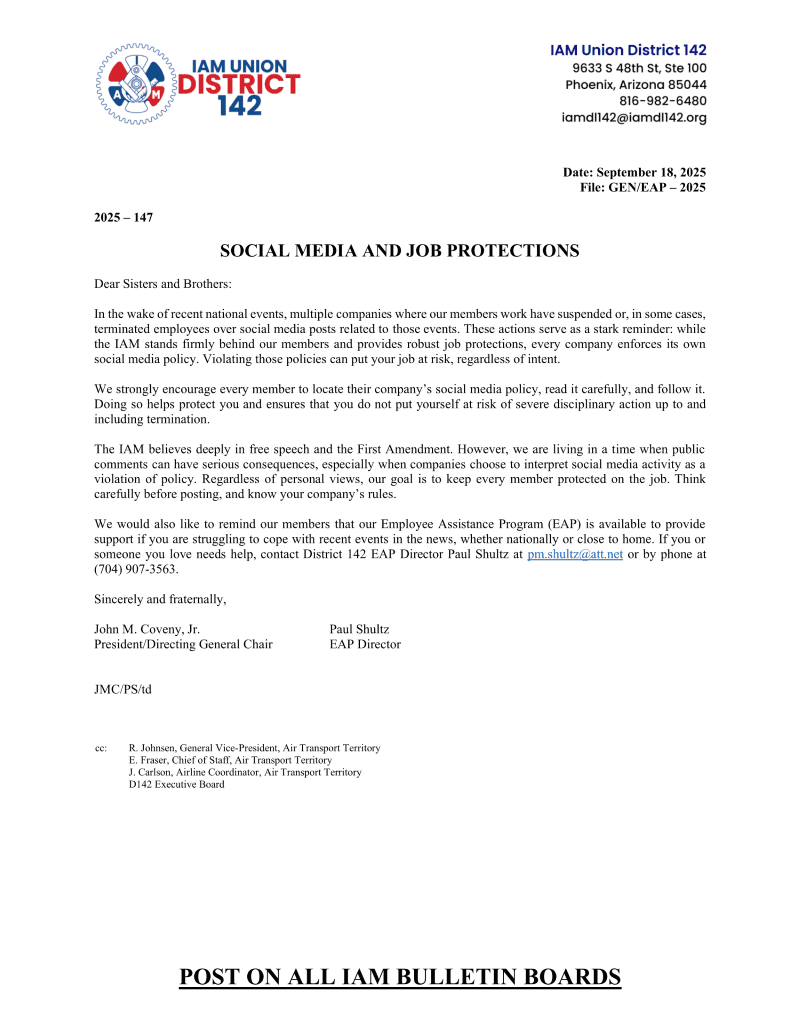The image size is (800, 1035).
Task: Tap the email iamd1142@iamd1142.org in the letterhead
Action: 634,118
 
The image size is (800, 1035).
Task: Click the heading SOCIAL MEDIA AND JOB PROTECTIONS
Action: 399,250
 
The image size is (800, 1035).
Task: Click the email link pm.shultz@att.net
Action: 574,554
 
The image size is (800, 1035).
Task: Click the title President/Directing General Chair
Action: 183,645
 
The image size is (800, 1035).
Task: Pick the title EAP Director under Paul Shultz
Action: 365,645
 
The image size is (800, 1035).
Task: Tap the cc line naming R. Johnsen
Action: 254,748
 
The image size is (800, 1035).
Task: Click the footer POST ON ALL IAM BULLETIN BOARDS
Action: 400,976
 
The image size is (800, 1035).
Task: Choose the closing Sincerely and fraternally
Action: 160,599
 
